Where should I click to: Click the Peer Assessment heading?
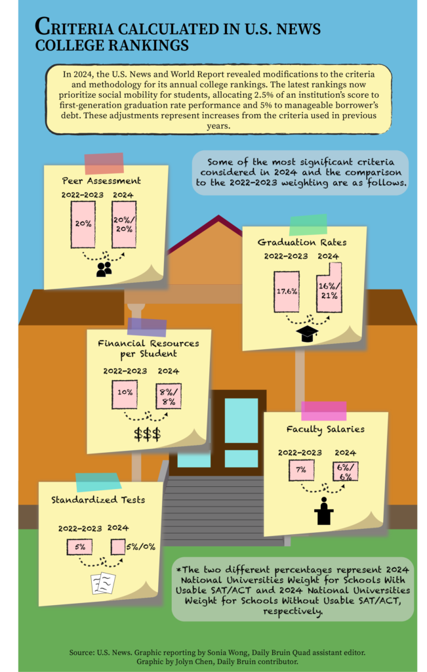[x=102, y=180]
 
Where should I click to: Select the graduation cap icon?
[x=306, y=333]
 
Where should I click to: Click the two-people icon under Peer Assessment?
[x=104, y=269]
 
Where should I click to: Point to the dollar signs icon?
[x=147, y=434]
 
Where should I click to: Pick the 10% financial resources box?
[x=125, y=393]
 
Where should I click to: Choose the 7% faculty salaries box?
[x=302, y=470]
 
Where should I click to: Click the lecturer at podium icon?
[x=324, y=511]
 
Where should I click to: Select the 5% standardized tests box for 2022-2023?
[x=79, y=546]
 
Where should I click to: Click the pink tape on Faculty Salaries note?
[x=323, y=410]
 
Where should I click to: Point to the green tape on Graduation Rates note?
[x=308, y=224]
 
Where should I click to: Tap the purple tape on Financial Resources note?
[x=147, y=327]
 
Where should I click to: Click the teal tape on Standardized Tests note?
[x=99, y=482]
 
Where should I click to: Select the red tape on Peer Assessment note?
[x=104, y=163]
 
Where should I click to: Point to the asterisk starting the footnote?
[x=179, y=568]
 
